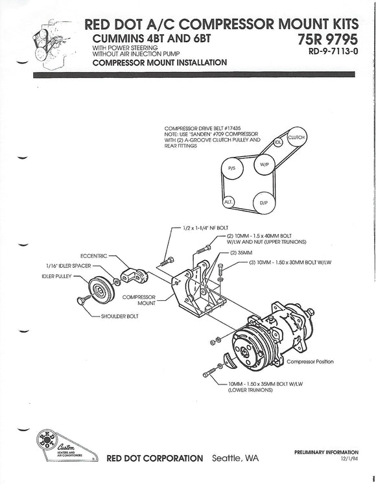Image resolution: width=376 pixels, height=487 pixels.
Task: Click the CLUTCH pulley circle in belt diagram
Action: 296,137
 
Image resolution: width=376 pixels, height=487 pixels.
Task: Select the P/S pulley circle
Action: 231,171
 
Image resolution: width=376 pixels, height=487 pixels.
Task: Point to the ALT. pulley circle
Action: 228,202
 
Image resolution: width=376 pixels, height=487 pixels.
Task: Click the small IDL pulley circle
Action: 278,141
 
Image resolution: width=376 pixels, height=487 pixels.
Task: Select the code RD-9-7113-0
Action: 333,53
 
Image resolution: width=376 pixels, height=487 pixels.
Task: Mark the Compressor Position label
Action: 310,361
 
